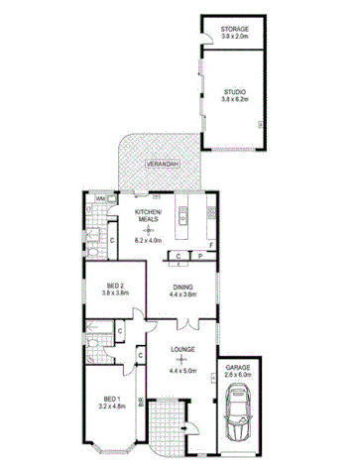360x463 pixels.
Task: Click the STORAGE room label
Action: [x=235, y=31]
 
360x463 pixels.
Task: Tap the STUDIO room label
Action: [x=235, y=91]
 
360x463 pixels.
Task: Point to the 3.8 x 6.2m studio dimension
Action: [x=235, y=100]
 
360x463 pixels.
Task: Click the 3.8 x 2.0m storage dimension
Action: [x=235, y=39]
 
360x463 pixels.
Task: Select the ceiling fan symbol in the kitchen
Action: [x=148, y=229]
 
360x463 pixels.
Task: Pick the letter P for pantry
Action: [x=198, y=256]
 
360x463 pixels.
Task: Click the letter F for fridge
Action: [x=212, y=243]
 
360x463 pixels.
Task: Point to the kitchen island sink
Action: [x=183, y=212]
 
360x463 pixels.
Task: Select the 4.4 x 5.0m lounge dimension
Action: [x=180, y=370]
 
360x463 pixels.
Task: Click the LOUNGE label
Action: [x=180, y=349]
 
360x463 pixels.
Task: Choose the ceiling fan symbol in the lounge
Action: [x=180, y=360]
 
